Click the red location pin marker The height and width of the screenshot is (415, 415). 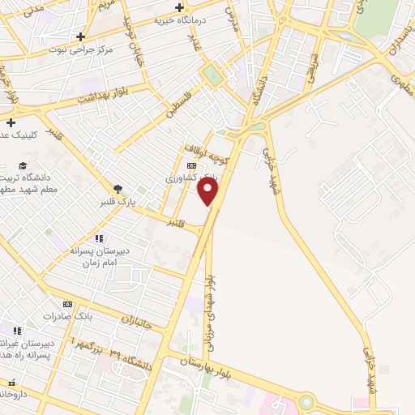(x=208, y=191)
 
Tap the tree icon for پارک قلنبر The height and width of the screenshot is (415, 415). (x=118, y=188)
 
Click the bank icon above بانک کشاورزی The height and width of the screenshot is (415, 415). (x=190, y=165)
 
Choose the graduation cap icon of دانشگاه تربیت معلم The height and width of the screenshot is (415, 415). (x=22, y=166)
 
